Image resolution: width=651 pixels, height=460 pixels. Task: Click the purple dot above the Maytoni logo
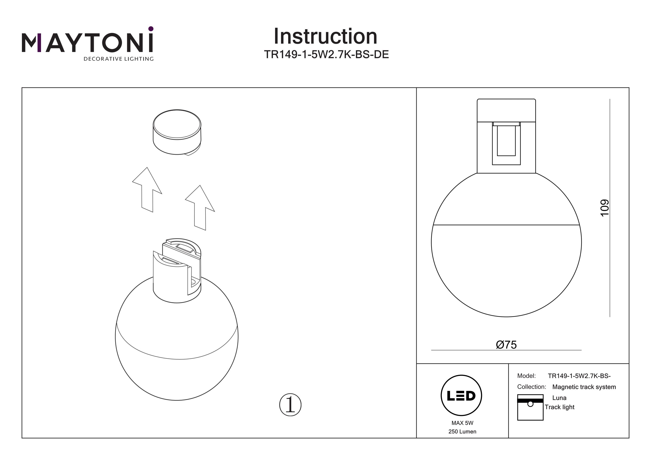tap(151, 29)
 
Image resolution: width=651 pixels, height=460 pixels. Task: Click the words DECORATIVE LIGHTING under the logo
tap(118, 59)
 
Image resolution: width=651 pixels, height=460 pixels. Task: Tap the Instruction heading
tap(325, 37)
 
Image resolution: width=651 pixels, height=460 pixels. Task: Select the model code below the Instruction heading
tap(326, 54)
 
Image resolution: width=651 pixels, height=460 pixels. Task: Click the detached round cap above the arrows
tap(177, 132)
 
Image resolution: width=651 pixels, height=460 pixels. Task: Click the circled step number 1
tap(290, 405)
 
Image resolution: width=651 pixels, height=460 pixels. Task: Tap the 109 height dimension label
tap(605, 208)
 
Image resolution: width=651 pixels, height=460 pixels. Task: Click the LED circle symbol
tap(461, 396)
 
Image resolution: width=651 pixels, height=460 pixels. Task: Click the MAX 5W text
tap(462, 423)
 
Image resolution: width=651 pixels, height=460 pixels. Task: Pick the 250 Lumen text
tap(462, 432)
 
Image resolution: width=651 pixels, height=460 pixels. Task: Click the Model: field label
tap(526, 376)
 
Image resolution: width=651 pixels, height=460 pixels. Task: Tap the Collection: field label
tap(531, 387)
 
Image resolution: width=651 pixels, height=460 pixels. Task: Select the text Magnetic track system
tap(584, 387)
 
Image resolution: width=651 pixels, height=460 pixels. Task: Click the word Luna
tap(559, 398)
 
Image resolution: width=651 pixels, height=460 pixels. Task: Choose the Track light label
tap(559, 407)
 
